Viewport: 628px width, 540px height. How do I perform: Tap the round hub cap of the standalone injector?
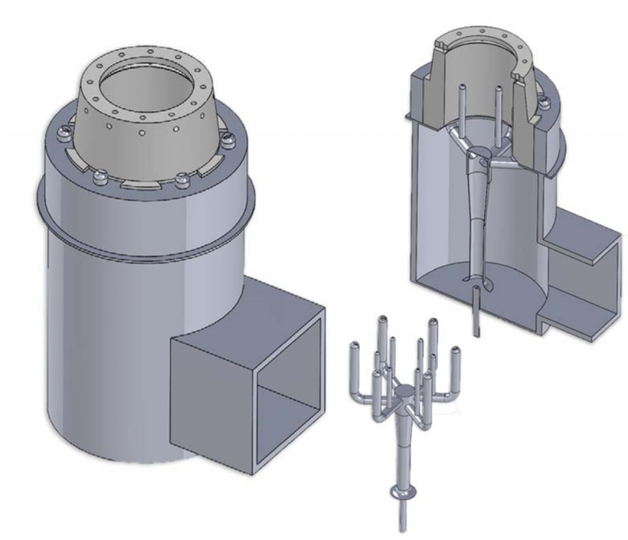click(402, 393)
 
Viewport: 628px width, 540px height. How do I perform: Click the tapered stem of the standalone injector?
click(401, 445)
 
